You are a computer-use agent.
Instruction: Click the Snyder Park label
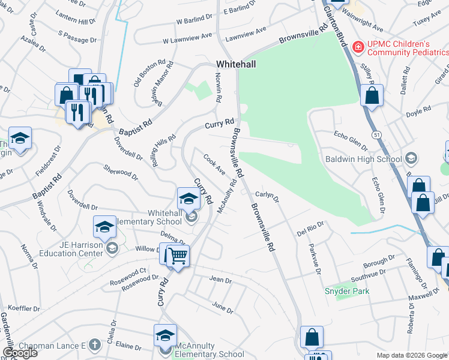tap(346, 291)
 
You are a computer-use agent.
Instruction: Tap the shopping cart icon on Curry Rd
tap(178, 256)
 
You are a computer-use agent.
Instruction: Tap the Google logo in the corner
tap(20, 353)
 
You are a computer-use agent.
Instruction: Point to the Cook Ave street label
tap(214, 164)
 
